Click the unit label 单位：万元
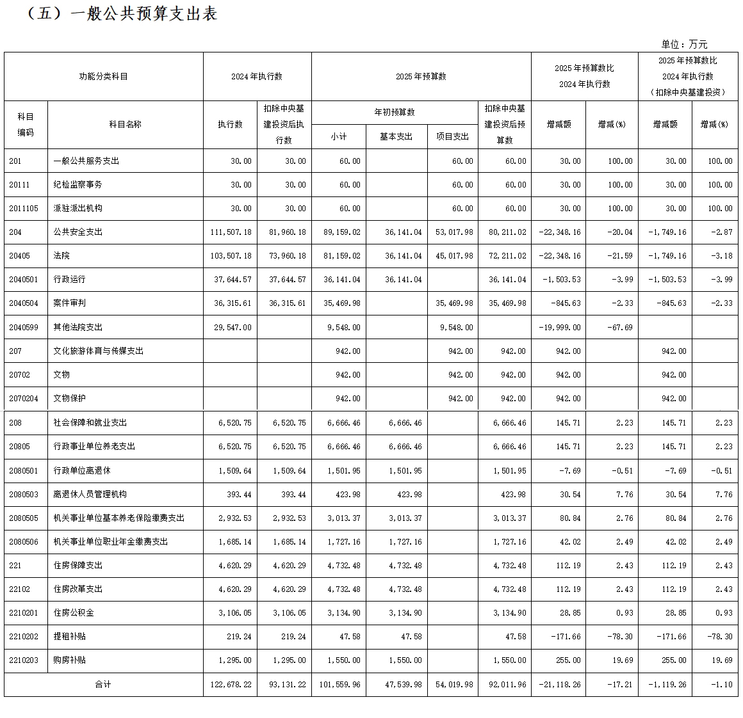pos(684,44)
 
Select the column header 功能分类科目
pos(103,76)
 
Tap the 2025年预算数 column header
pos(421,76)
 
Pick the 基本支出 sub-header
pos(396,136)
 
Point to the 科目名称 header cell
pos(125,124)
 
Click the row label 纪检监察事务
pos(78,184)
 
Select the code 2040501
pos(24,279)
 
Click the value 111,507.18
pos(231,232)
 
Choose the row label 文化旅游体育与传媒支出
pos(98,351)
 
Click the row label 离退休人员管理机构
pos(90,494)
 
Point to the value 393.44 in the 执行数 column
pos(239,494)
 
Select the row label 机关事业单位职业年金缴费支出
pos(110,541)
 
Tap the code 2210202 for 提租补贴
pos(24,636)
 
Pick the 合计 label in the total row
pos(103,684)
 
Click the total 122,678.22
pos(231,684)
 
